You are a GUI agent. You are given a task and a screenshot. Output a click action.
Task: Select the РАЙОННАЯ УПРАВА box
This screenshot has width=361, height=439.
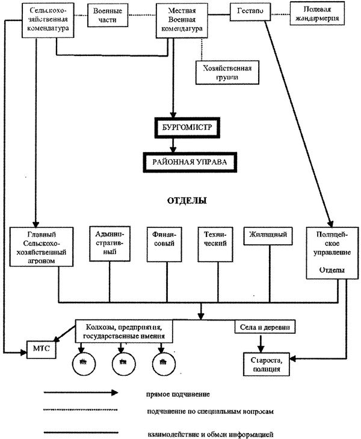tap(189, 161)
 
